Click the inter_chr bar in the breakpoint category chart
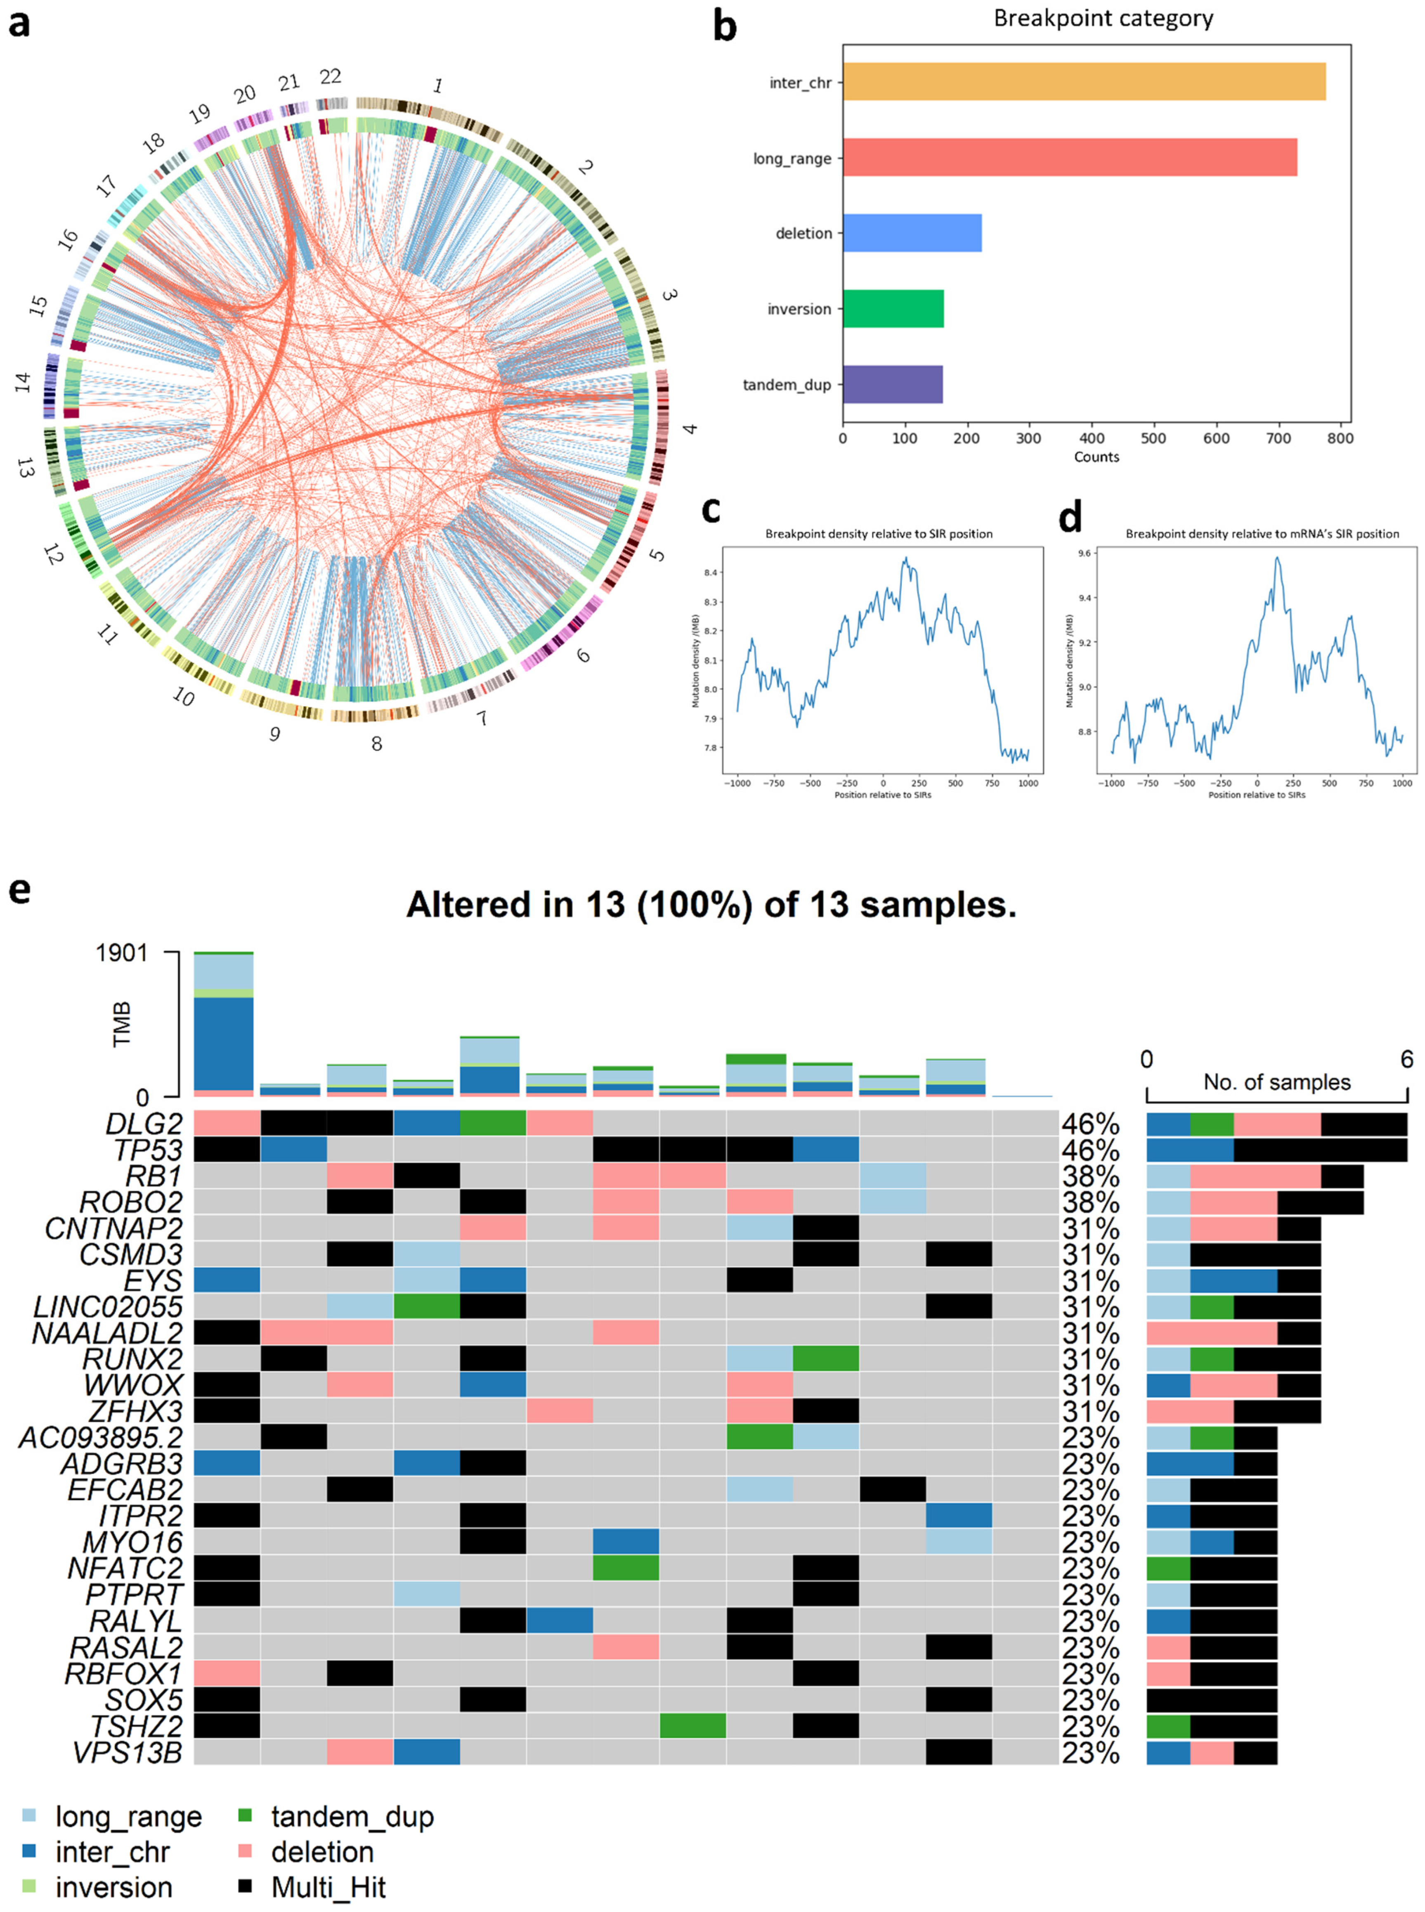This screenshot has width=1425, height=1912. pyautogui.click(x=1083, y=82)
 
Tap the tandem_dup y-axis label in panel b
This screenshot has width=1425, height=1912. pyautogui.click(x=787, y=385)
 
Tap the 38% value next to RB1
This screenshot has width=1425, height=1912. pyautogui.click(x=1090, y=1177)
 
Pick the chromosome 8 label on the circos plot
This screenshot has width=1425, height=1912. pyautogui.click(x=376, y=743)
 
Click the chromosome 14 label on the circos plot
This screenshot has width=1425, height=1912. pyautogui.click(x=23, y=382)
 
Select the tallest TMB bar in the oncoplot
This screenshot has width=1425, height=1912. pyautogui.click(x=223, y=1024)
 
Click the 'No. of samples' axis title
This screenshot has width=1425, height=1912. pyautogui.click(x=1276, y=1082)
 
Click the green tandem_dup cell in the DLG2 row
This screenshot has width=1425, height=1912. pyautogui.click(x=493, y=1124)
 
